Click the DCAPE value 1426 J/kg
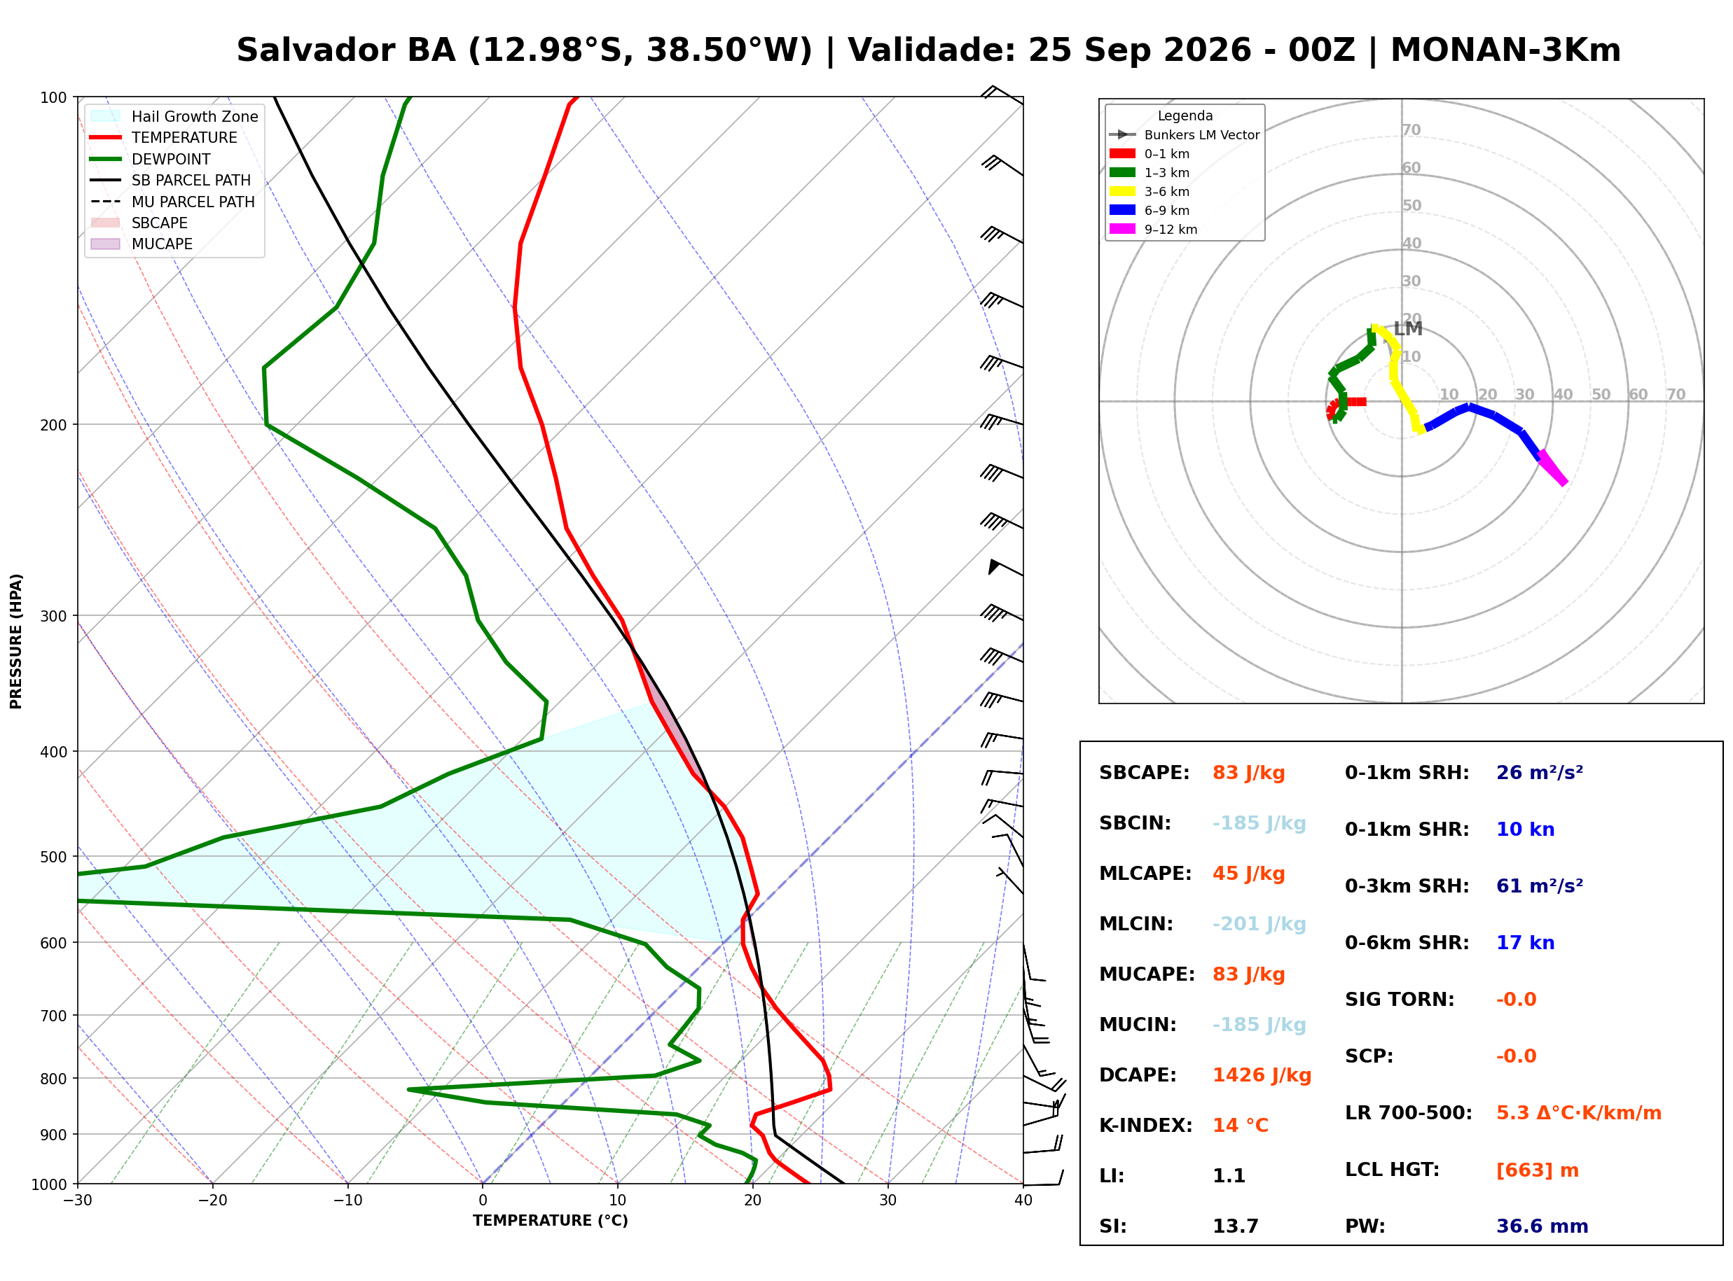coord(1262,1074)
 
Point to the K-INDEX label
coord(1146,1125)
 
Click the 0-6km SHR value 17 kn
coord(1525,942)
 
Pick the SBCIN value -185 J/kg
coord(1259,822)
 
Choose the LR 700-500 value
coord(1579,1113)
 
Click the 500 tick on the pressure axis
coord(53,857)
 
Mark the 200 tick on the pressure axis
coord(53,425)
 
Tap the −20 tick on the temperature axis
coord(212,1200)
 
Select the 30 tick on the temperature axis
coord(888,1200)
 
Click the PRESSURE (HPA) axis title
coord(16,641)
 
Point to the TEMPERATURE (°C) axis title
coord(550,1221)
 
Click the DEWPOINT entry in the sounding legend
coord(171,159)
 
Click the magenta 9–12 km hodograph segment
coord(1552,468)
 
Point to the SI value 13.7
coord(1235,1226)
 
